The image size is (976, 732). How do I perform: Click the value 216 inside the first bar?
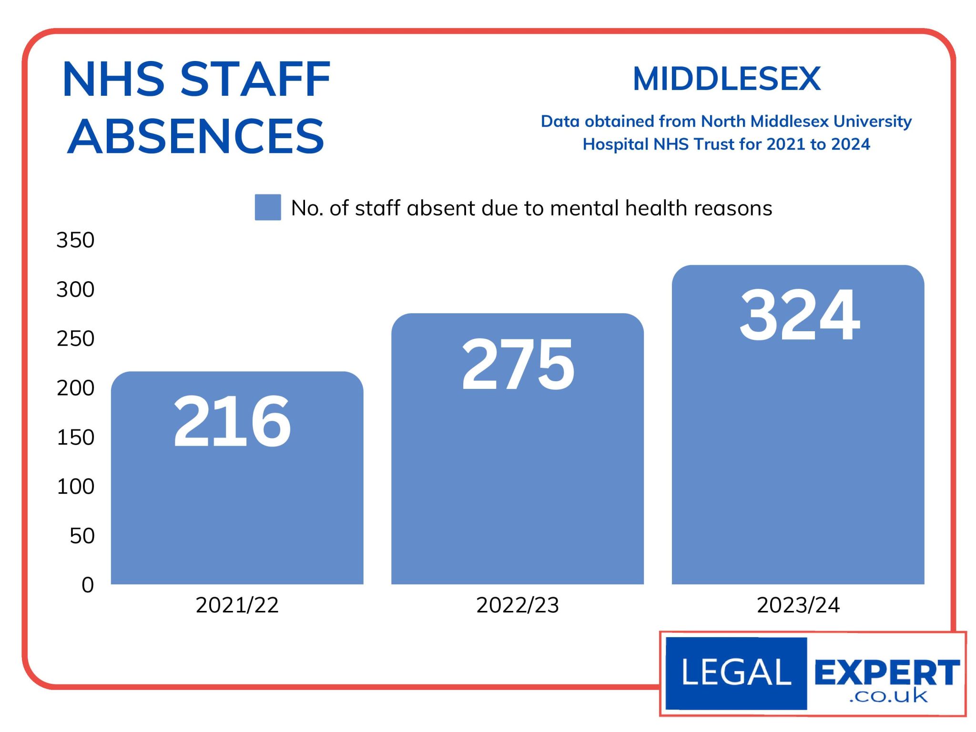tap(232, 421)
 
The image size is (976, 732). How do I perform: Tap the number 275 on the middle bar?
tap(518, 364)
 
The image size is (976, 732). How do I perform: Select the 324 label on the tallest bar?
tap(800, 315)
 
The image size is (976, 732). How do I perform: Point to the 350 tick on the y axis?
tap(75, 240)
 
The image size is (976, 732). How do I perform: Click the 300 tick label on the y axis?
tap(75, 289)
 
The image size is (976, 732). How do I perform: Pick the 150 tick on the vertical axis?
tap(75, 437)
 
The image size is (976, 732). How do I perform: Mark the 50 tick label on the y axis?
tap(82, 536)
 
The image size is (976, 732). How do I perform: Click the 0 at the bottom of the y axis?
tap(88, 585)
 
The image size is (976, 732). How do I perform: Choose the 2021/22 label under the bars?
tap(237, 605)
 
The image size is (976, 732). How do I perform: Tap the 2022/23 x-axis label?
tap(518, 605)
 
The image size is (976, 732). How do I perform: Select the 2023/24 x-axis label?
tap(798, 605)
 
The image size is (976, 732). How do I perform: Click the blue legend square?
tap(268, 207)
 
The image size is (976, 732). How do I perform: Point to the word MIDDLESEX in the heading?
tap(727, 79)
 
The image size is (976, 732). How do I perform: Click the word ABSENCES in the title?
tap(196, 136)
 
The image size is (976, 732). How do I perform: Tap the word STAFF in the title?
tap(255, 79)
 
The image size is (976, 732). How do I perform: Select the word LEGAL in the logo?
tap(736, 672)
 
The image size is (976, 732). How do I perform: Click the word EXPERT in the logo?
tap(886, 672)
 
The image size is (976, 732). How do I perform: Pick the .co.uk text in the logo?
tap(888, 696)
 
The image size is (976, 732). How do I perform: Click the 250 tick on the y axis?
tap(75, 339)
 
